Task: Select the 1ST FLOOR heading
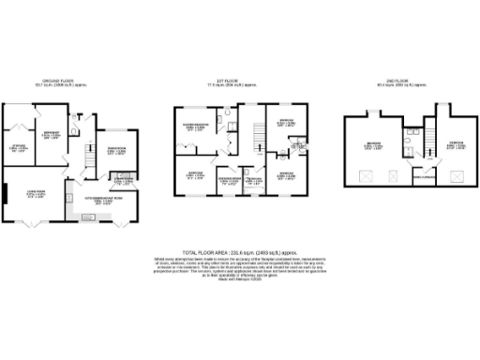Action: (x=237, y=82)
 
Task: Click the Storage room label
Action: (x=18, y=145)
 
